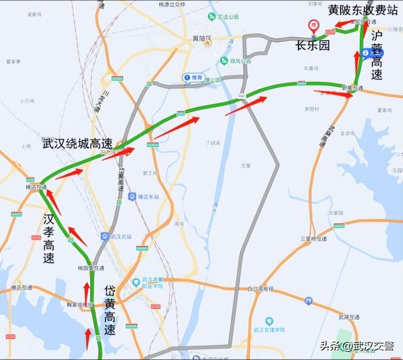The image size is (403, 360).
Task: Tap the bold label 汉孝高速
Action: (49, 239)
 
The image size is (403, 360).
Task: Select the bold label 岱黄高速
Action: (110, 309)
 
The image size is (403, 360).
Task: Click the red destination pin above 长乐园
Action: (313, 26)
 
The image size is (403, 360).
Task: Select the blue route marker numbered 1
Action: (186, 77)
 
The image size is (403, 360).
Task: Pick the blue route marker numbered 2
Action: (365, 53)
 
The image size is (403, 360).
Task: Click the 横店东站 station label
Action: (143, 196)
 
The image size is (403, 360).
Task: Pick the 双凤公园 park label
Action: (236, 60)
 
